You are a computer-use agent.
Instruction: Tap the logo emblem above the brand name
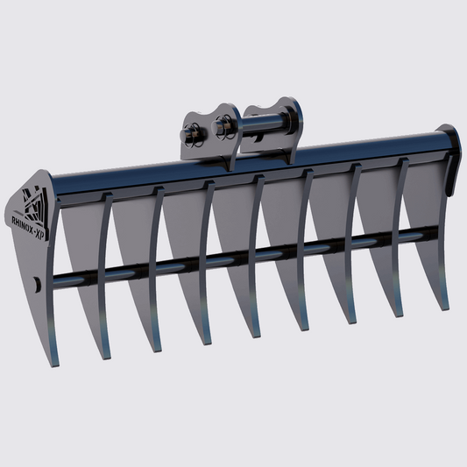[x=34, y=201]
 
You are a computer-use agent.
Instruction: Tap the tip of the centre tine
[x=254, y=335]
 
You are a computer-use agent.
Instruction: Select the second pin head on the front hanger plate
[x=220, y=130]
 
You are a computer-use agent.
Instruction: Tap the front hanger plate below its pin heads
[x=210, y=153]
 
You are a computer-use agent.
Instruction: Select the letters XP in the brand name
[x=41, y=229]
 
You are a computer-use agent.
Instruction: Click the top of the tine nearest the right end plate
[x=404, y=163]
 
